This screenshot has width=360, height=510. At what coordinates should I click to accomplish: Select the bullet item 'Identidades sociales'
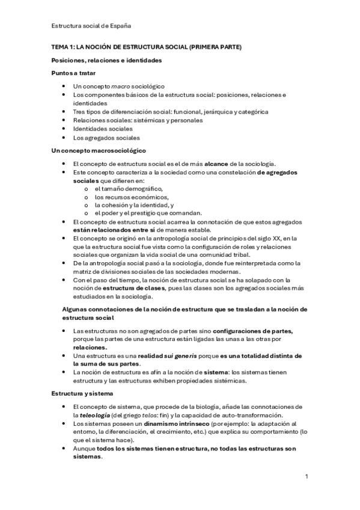103,129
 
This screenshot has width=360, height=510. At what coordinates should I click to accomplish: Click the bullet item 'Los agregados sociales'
106,137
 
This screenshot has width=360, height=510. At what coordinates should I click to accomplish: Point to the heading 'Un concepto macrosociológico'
99,150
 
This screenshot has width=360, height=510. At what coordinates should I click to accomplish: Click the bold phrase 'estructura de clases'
127,288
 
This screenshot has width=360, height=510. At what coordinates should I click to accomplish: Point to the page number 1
307,477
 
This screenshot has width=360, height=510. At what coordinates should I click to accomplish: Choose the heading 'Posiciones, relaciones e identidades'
106,60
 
